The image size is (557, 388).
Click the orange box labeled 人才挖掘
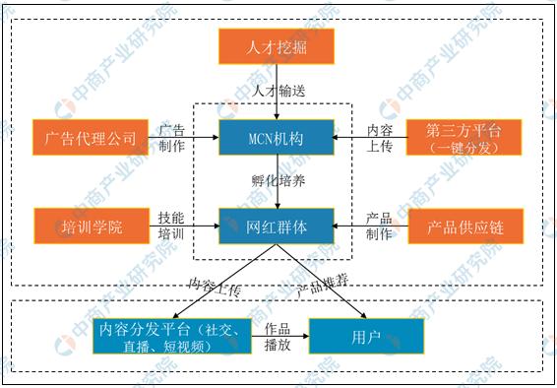coord(277,45)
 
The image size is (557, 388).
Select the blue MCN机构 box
coord(277,138)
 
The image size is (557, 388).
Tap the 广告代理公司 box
coord(90,138)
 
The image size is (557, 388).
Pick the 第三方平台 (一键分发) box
coord(464,138)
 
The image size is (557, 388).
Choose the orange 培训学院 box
coord(90,226)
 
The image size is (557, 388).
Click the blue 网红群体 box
coord(277,226)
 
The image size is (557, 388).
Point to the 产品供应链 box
coord(464,226)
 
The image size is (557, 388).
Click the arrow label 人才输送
coord(279,90)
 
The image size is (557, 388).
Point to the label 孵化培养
coord(279,181)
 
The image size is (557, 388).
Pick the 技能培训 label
coord(171,226)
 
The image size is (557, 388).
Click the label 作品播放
coord(278,336)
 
